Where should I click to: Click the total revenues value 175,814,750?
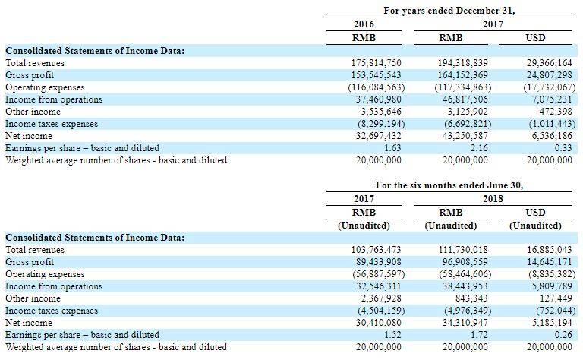(x=377, y=63)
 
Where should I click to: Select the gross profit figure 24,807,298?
(x=549, y=75)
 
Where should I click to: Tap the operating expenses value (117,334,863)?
(x=463, y=88)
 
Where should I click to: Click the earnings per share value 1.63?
(x=392, y=148)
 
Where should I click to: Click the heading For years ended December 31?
(x=449, y=11)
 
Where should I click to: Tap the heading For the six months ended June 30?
(x=449, y=185)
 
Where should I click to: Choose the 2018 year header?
(x=493, y=198)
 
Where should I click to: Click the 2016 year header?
(x=364, y=24)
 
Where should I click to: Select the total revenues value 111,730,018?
(x=463, y=250)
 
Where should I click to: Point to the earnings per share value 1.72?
(x=479, y=335)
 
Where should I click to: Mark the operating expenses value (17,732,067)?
(x=549, y=88)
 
